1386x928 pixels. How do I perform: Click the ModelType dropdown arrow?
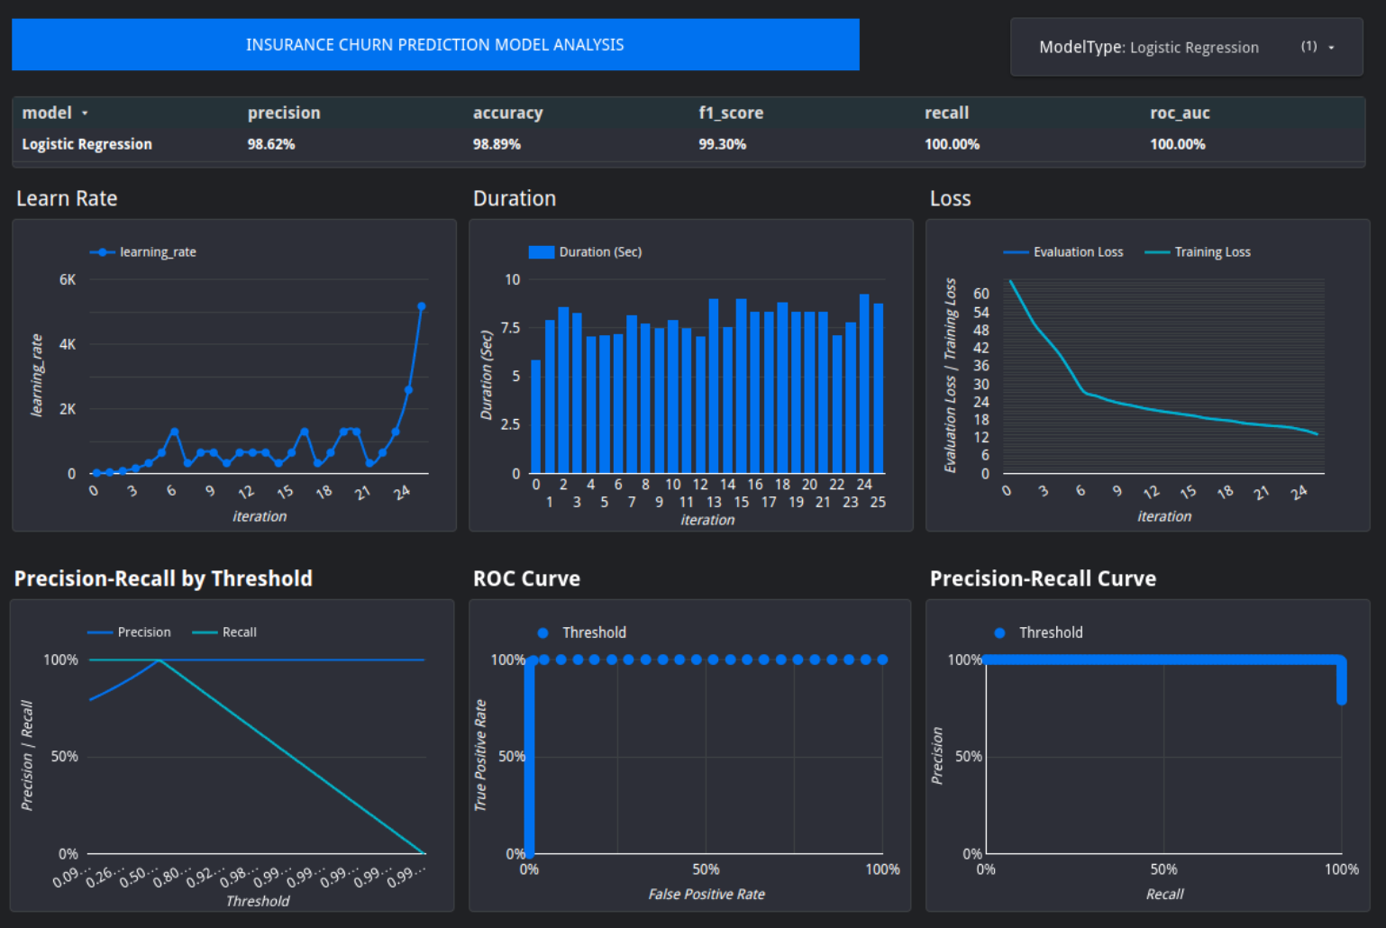pos(1331,48)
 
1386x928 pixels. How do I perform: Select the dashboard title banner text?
pos(434,45)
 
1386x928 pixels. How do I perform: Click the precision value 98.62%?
pos(271,144)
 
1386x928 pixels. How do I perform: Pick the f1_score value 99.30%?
pos(722,144)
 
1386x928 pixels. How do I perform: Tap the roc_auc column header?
pos(1180,113)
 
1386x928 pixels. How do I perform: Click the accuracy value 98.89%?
pos(497,144)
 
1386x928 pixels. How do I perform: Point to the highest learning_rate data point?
pos(421,306)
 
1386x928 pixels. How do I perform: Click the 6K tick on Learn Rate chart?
pos(68,279)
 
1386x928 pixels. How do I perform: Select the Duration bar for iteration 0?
pos(536,416)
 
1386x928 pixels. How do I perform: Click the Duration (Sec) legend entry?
pos(599,252)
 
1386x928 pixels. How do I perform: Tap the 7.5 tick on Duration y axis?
pos(511,328)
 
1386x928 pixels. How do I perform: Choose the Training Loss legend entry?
pos(1211,252)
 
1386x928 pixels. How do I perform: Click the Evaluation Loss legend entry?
pos(1077,252)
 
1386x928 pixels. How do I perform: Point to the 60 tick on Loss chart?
pos(981,294)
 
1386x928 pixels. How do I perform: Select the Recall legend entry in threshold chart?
pos(239,632)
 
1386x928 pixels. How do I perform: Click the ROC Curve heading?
pos(526,578)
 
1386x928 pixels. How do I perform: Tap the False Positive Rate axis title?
pos(707,894)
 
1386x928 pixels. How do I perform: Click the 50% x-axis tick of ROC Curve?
pos(706,869)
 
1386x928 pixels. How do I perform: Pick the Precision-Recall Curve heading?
pos(1043,578)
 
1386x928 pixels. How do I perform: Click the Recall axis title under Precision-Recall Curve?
pos(1164,894)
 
